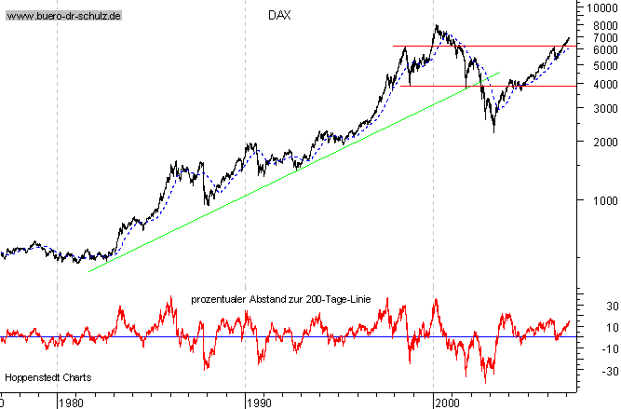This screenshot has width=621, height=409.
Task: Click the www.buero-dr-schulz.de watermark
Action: tap(63, 17)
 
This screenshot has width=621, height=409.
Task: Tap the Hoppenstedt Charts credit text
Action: tap(43, 377)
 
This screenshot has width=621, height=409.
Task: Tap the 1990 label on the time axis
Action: tap(258, 402)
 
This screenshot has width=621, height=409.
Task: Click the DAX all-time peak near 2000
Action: tap(437, 26)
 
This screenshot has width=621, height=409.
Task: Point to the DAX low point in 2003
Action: tap(493, 131)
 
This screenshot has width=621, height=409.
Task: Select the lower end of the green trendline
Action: tap(89, 271)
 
